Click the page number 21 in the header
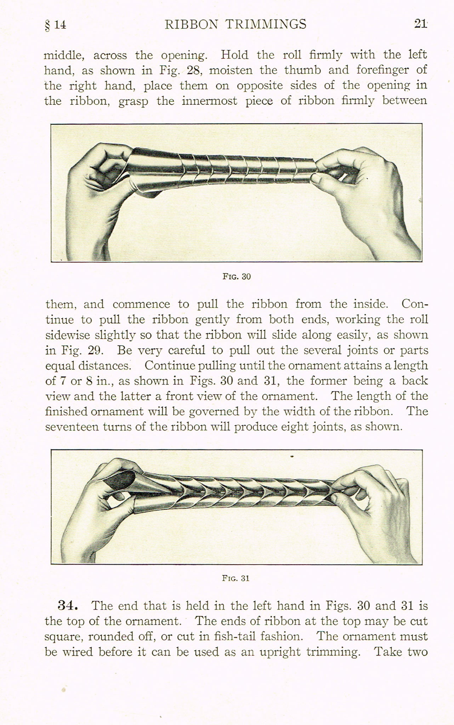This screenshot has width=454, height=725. [420, 24]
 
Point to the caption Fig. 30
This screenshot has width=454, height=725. [237, 276]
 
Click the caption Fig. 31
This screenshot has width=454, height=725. [236, 578]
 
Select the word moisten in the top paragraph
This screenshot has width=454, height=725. [231, 70]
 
